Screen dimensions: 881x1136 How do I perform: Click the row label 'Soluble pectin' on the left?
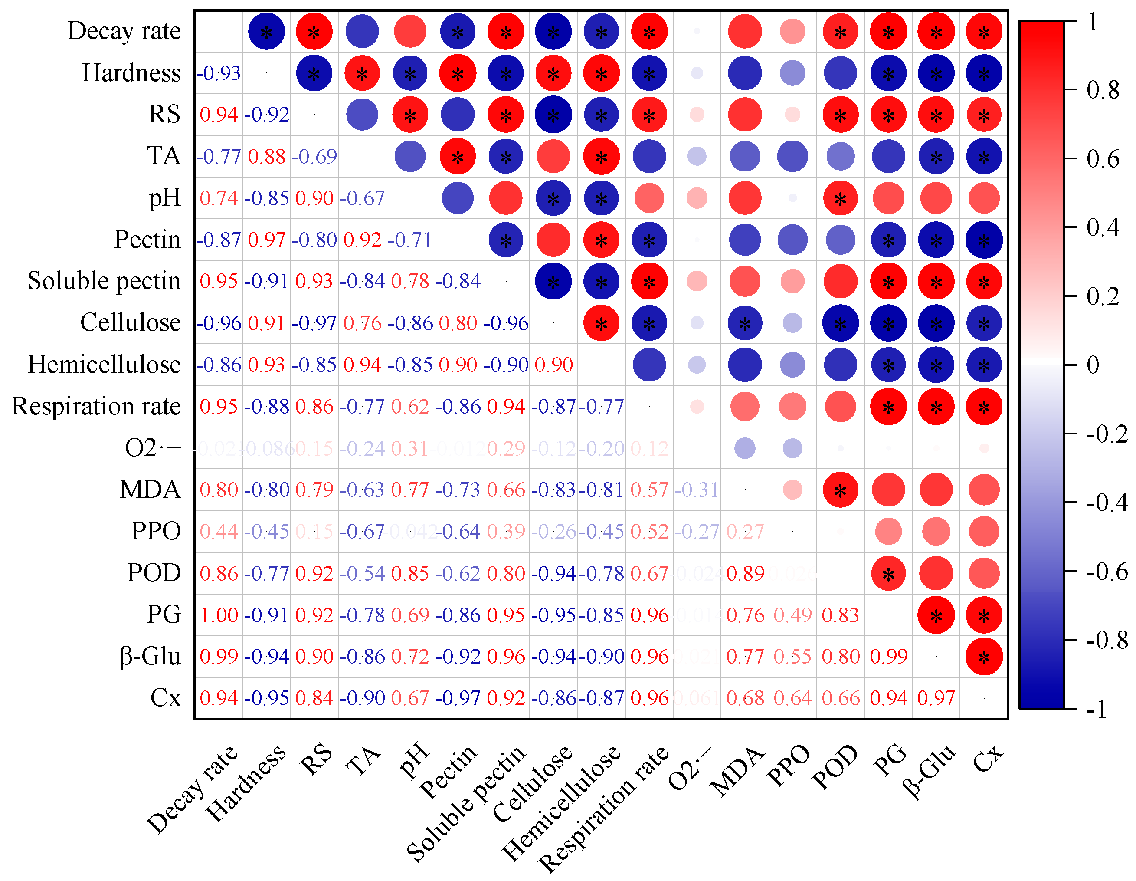104,281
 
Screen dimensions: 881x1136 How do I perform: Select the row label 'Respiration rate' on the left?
96,406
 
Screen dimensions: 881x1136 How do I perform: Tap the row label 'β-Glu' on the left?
150,656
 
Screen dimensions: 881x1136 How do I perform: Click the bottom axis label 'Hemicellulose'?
562,804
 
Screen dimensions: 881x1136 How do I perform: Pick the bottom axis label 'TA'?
363,761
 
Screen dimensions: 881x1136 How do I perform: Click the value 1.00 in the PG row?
219,615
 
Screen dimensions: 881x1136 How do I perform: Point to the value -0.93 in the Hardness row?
219,73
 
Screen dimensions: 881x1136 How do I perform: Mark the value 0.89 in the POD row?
745,573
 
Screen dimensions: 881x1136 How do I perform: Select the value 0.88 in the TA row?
266,157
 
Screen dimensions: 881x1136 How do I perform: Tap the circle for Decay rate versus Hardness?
266,32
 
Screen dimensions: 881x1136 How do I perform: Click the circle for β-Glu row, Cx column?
984,657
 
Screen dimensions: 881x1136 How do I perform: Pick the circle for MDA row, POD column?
841,490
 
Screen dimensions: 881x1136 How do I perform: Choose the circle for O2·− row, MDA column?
745,448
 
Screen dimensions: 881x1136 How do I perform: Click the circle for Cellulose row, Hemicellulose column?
601,323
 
